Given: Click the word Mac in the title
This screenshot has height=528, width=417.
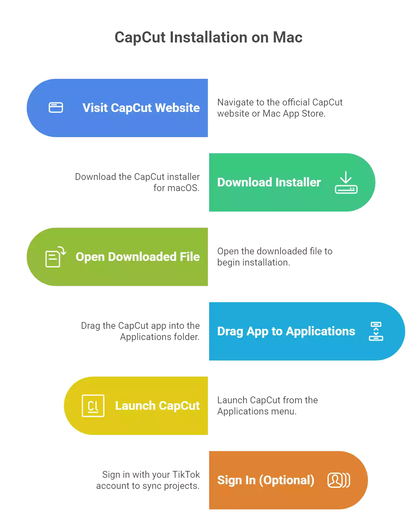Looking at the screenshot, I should pos(287,38).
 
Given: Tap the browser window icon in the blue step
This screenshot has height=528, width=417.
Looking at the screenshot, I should pos(56,108).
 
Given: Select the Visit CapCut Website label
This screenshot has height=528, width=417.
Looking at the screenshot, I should pos(141,108).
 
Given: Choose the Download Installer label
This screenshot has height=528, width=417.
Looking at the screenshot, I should pos(269,182).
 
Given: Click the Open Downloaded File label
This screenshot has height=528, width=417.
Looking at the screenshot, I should pos(137,257).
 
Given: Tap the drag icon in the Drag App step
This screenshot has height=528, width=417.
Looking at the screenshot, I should pos(376,331).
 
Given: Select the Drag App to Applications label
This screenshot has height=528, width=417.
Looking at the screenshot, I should pos(286,331).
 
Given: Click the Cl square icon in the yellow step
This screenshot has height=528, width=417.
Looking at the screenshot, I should pos(93,406).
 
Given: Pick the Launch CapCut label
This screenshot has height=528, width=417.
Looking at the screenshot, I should pos(157,406).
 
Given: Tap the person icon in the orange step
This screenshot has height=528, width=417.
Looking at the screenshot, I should pos(338,480).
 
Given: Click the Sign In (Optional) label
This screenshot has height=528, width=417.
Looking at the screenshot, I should pos(266,480).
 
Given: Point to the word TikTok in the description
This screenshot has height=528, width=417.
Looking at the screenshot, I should pos(186,475).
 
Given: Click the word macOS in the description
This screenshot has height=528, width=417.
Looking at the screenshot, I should pos(183,188).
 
